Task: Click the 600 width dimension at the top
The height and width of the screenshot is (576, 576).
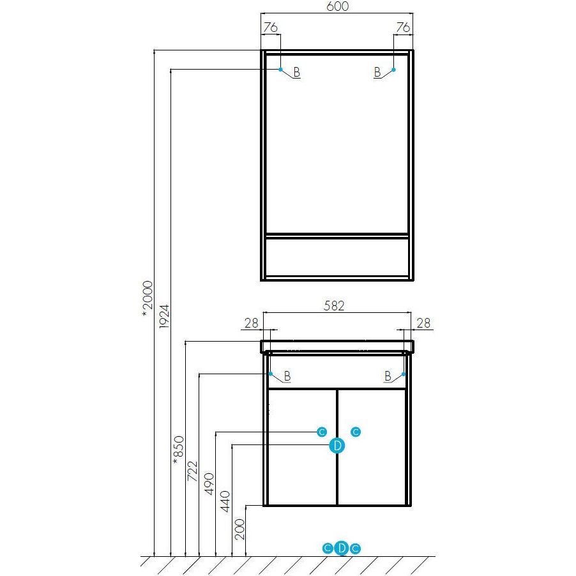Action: point(337,6)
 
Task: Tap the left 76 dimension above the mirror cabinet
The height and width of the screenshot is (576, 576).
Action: point(271,27)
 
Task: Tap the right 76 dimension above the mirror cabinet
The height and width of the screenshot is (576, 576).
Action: point(403,27)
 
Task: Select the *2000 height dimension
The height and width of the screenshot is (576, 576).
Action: point(148,299)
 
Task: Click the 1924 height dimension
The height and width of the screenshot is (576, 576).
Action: point(164,316)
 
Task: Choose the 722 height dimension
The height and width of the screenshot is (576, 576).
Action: point(192,471)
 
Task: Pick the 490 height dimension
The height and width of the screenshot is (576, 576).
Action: point(209,484)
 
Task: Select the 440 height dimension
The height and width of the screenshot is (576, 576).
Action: point(225,501)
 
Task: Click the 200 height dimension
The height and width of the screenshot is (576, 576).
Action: point(239,529)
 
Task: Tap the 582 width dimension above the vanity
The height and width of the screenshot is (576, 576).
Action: point(334,306)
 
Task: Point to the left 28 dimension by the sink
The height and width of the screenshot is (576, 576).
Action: point(251,323)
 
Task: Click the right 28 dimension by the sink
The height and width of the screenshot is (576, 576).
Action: point(423,323)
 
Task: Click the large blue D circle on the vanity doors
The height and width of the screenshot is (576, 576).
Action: point(337,446)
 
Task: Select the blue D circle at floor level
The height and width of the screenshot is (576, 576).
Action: point(342,549)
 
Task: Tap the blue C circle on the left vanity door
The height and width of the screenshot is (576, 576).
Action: point(322,432)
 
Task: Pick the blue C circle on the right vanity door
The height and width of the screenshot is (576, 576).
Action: point(356,432)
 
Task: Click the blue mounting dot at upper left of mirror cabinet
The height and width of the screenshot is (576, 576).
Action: point(280,70)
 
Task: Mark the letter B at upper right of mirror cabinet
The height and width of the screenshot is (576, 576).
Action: point(377,72)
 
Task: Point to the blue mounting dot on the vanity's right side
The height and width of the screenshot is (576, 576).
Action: point(404,374)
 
